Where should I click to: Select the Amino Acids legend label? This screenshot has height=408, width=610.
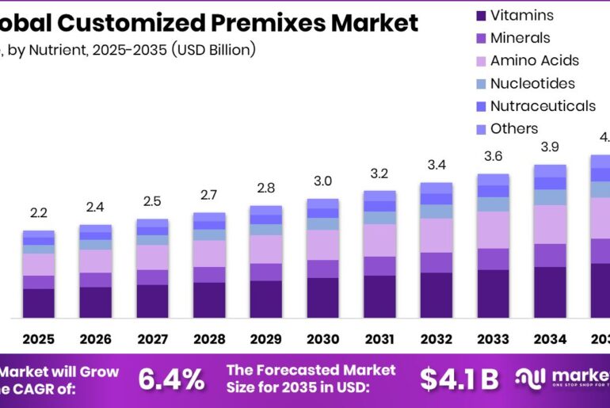coord(534,60)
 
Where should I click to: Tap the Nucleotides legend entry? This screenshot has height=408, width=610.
coord(532,83)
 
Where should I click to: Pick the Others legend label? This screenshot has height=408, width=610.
coord(513,128)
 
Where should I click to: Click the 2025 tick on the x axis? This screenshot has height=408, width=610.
coord(38,339)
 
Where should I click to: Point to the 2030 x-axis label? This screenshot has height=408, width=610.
coord(322,339)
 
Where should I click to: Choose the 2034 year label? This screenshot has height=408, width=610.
coord(550,339)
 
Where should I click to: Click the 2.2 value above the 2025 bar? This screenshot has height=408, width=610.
coord(38,213)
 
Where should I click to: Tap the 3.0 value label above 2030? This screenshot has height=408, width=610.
coord(322,181)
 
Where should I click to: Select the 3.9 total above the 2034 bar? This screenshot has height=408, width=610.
coord(550,147)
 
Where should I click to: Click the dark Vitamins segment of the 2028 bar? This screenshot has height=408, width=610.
coord(209,300)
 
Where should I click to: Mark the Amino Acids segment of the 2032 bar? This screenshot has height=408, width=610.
coord(436,235)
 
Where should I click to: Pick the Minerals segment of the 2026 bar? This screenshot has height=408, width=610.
coord(95,280)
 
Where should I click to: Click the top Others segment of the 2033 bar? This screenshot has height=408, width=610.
coord(493,180)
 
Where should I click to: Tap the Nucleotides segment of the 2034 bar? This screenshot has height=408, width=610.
coord(550,197)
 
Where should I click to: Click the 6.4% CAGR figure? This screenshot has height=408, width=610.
coord(171,379)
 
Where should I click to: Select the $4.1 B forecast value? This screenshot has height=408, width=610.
coord(459,379)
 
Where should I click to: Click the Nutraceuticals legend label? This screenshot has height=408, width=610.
coord(542,106)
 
